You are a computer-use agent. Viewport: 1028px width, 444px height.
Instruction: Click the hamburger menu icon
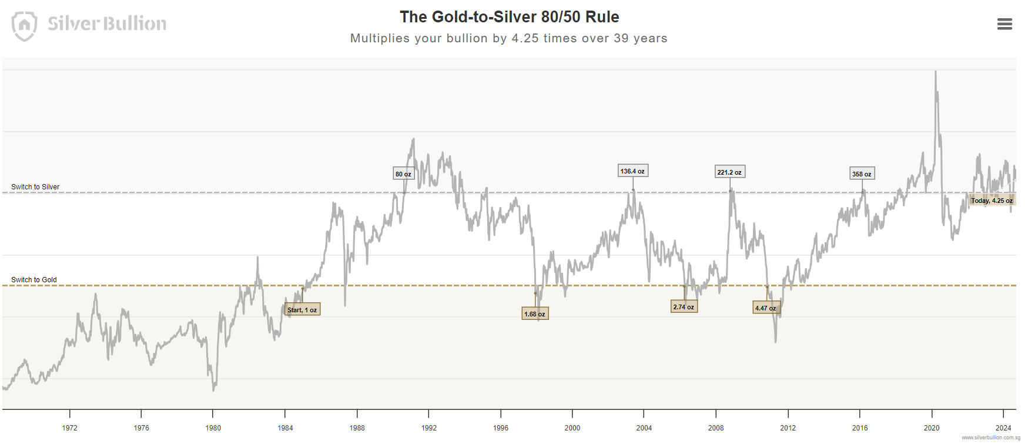point(1004,24)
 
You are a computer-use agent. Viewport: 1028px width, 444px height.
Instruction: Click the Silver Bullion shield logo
point(24,26)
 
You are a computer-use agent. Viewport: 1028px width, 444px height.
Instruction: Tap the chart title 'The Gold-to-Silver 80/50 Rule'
point(509,17)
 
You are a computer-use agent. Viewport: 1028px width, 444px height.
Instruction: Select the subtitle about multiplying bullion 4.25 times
point(508,38)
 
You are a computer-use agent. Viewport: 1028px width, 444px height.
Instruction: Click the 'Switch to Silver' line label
point(35,187)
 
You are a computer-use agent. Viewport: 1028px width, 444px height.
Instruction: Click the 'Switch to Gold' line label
point(34,280)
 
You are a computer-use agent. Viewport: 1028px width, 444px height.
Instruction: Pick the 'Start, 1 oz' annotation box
point(302,310)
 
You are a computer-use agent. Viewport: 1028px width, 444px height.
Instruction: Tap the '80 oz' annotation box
point(403,174)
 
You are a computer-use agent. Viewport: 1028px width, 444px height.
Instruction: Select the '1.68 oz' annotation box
point(535,314)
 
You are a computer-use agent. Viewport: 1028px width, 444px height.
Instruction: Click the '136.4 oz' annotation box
point(632,171)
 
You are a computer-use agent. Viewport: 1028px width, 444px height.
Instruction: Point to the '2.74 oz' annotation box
point(684,307)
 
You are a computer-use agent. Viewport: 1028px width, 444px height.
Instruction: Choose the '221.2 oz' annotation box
point(729,172)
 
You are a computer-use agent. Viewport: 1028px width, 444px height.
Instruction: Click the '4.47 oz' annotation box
point(766,308)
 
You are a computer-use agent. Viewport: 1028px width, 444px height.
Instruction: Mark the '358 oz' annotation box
point(862,174)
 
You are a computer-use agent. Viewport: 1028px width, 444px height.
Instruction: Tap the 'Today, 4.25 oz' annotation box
point(992,201)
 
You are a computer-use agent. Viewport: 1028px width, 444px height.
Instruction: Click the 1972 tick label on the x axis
point(70,428)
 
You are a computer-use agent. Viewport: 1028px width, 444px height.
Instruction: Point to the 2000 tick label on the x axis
point(572,428)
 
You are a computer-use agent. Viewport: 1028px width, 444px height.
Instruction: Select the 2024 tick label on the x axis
point(1003,428)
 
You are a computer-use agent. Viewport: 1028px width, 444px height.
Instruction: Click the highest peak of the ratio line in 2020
point(935,72)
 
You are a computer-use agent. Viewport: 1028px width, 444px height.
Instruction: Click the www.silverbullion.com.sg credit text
point(991,438)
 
